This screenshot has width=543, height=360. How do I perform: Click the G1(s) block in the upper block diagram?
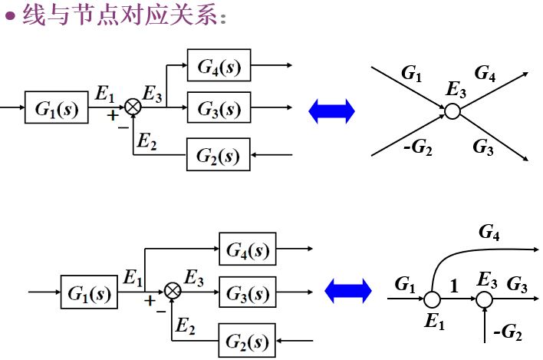tap(56, 109)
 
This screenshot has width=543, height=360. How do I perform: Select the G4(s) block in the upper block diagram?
tap(219, 67)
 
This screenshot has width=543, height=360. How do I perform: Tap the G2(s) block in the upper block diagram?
tap(219, 156)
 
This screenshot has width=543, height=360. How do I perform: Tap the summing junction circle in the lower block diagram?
tap(173, 291)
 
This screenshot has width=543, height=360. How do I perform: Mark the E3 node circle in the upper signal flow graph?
tap(452, 112)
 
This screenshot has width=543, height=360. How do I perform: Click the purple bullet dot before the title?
tap(11, 16)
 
